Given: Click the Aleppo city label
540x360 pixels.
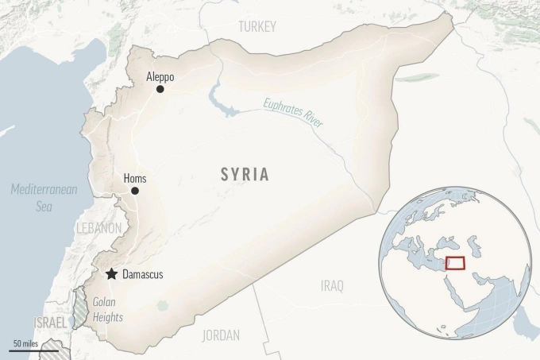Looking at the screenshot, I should tap(160, 77).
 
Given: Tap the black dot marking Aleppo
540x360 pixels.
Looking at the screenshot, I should tap(160, 90).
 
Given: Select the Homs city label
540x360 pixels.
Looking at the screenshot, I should tap(135, 179).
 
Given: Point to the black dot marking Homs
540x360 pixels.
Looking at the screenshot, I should tap(135, 191).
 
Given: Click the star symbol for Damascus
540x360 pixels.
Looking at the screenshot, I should tap(111, 274).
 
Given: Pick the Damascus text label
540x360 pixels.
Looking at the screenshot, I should tap(143, 274).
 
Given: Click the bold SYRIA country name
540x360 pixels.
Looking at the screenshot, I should tap(245, 175).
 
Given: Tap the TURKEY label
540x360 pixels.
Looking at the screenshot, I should tap(257, 27).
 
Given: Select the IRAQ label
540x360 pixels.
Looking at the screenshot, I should tap(332, 285).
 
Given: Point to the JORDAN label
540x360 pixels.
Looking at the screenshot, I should tap(221, 335).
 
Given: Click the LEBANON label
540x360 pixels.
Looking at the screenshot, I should tap(99, 228).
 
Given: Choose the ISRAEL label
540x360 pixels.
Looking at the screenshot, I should tap(51, 322).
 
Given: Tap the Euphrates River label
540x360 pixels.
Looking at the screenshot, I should tap(293, 111).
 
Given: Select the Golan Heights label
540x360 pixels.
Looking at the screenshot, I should tap(108, 309).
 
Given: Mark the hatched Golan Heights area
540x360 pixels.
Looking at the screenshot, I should tap(80, 310).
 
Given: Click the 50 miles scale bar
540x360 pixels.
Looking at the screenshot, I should tap(33, 349).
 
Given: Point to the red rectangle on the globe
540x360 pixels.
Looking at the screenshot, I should tap(455, 263).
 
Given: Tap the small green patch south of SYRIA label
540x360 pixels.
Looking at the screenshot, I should tap(162, 305).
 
